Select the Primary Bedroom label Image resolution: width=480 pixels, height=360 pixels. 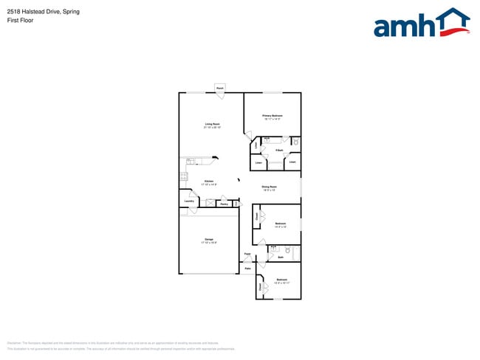[x=272, y=116]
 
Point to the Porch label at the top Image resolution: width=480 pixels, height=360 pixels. [x=220, y=89]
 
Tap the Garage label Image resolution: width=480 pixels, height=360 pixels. [x=209, y=240]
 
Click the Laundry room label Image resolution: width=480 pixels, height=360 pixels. [x=188, y=201]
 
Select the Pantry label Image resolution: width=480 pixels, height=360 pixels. [x=223, y=204]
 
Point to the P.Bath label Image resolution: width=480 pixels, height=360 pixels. [x=279, y=150]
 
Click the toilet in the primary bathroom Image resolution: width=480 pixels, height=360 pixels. [x=295, y=141]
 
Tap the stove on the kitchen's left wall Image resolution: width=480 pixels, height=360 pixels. [x=183, y=176]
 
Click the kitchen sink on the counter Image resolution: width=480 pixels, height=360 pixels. [x=191, y=160]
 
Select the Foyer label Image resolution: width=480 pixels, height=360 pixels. [x=247, y=255]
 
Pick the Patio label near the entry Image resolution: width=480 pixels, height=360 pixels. [x=247, y=269]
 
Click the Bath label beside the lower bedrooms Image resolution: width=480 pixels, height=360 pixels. [x=281, y=257]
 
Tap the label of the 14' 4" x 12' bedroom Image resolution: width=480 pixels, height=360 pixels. [x=281, y=224]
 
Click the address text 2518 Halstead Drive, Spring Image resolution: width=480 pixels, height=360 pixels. [x=44, y=12]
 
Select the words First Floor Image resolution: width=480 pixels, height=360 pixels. [x=20, y=20]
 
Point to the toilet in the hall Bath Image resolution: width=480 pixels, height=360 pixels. [x=287, y=251]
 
